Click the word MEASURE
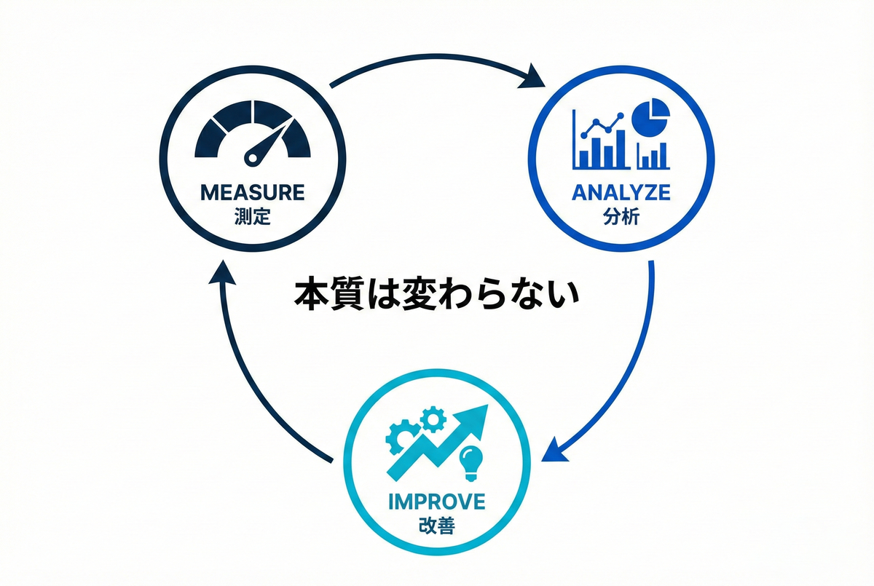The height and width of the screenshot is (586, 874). [x=252, y=193]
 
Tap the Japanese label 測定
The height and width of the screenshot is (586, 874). [x=252, y=216]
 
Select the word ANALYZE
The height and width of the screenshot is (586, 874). [x=621, y=193]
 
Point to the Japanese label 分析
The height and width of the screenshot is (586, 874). [x=621, y=216]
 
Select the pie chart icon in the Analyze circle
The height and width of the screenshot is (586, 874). [x=651, y=117]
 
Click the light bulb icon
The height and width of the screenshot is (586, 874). [x=470, y=463]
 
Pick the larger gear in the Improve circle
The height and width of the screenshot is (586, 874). [x=403, y=437]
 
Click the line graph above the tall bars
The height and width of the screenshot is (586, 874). [x=600, y=125]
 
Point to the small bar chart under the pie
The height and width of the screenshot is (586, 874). [x=653, y=154]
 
